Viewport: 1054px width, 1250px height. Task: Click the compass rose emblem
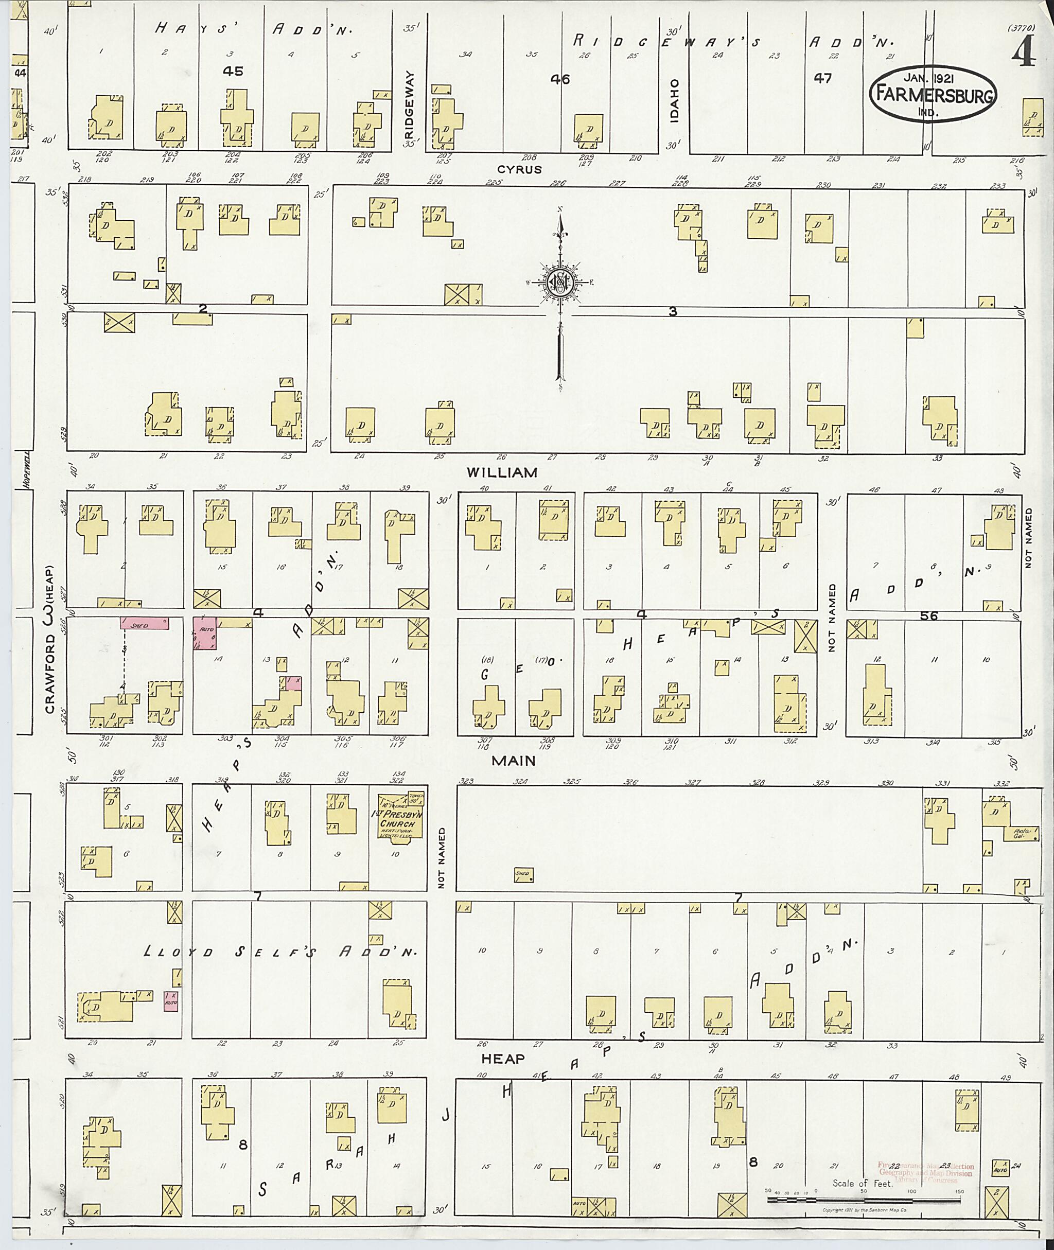560,281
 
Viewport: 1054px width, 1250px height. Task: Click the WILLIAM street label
502,472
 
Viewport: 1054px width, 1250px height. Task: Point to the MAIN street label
513,761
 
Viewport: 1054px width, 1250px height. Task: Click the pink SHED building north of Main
144,623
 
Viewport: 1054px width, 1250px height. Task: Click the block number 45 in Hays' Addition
233,71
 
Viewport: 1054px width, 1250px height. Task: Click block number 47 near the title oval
822,78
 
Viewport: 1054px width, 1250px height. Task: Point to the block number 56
928,615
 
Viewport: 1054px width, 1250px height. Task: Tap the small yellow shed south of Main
523,875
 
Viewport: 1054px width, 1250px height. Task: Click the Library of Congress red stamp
926,1173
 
